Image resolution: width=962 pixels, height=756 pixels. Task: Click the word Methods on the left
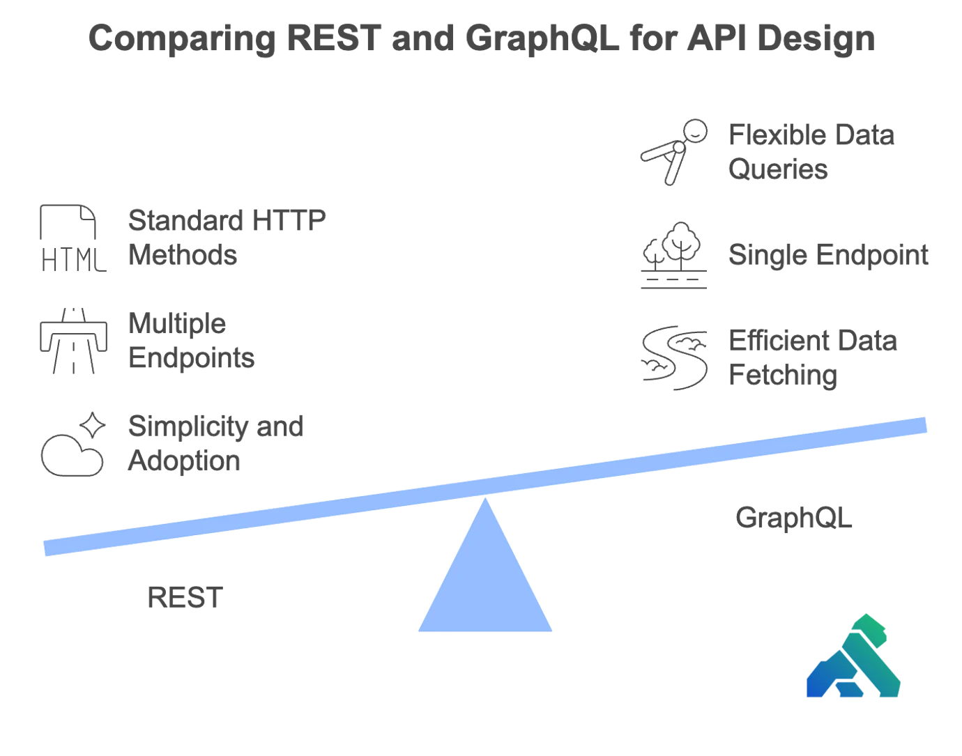[185, 255]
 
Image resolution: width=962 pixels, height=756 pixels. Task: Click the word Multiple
[178, 324]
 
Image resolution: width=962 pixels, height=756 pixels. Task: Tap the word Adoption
[182, 461]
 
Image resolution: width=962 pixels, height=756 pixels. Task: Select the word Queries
[778, 170]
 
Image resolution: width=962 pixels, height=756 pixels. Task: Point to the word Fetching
[781, 376]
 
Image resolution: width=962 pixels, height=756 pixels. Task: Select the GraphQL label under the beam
[794, 518]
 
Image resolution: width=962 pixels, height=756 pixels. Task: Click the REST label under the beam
[183, 598]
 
